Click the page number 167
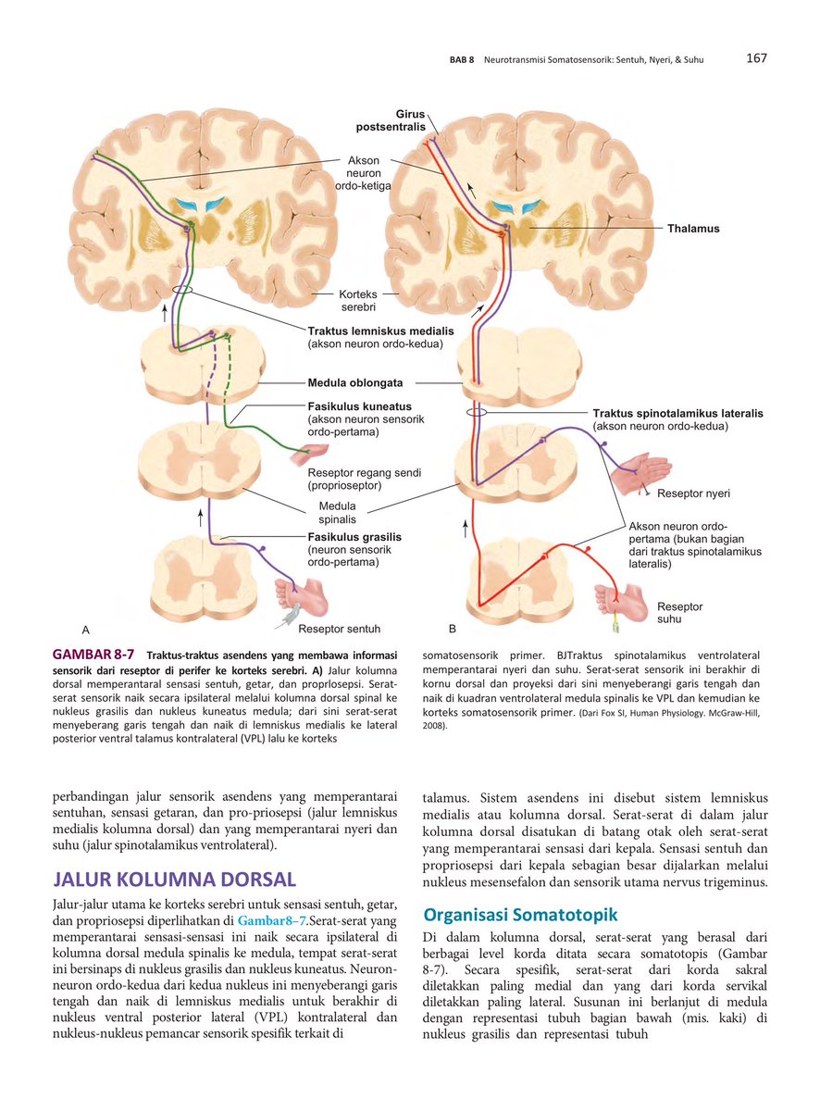[756, 58]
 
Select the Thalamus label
[693, 228]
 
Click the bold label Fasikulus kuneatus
[360, 406]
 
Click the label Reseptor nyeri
[693, 493]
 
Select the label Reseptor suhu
[679, 613]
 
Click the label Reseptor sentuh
[339, 629]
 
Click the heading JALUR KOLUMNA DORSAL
[175, 879]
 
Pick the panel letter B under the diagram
[453, 630]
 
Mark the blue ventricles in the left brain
[200, 205]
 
